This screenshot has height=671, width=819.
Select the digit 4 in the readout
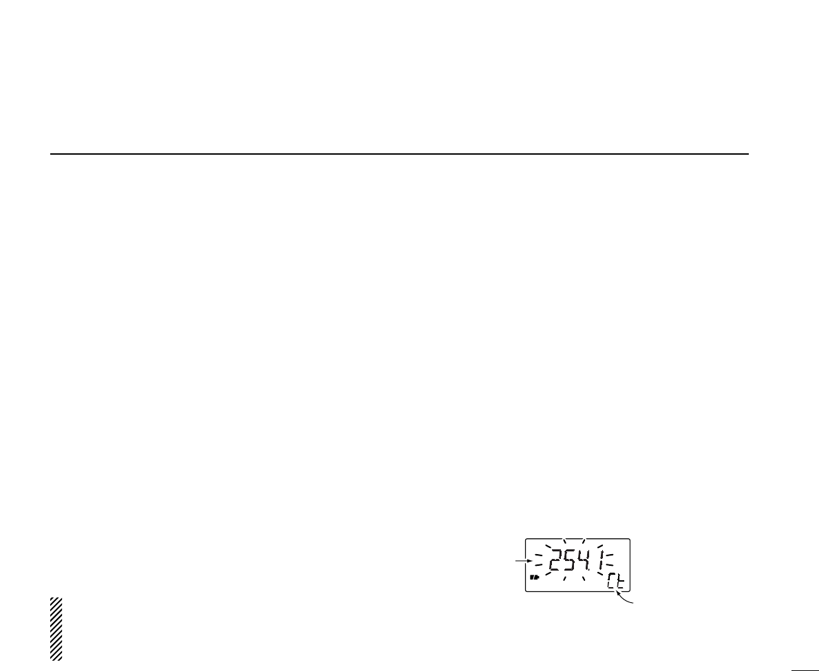click(585, 562)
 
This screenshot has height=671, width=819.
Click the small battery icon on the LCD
click(533, 577)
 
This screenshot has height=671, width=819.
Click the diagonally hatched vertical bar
click(56, 629)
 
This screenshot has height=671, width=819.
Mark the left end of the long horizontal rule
click(51, 154)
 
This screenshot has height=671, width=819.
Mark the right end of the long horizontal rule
click(748, 154)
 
